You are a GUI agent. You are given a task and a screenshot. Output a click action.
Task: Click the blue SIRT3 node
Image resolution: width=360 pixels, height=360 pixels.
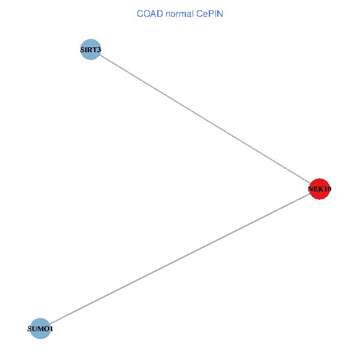point(90,49)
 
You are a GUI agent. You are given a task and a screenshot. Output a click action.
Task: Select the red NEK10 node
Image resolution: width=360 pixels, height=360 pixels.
point(319,189)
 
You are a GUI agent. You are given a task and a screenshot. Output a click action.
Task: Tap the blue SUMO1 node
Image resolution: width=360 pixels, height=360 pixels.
point(40,329)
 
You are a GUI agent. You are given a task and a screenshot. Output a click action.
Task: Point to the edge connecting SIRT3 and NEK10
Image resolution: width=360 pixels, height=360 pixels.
point(205,119)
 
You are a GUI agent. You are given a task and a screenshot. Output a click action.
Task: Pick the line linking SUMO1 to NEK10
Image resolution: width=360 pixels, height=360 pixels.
point(180,259)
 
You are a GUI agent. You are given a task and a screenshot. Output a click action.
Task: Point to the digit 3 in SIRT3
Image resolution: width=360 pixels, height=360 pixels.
point(98,50)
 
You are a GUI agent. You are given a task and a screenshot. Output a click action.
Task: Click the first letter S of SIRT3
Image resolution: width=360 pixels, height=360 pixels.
point(82,50)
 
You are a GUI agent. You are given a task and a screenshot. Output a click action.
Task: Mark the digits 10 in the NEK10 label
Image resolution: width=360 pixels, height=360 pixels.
point(327,190)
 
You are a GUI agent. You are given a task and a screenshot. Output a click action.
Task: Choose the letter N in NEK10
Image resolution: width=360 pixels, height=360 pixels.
point(311,190)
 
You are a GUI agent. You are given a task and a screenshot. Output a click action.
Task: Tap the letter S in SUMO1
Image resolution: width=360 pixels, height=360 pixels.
point(30,329)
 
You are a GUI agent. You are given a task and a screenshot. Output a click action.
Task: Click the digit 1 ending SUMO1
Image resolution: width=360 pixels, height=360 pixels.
point(51,329)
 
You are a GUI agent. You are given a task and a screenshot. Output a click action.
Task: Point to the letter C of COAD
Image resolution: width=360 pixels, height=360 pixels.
point(140,13)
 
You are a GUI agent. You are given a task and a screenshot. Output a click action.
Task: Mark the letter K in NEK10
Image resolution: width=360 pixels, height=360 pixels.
point(320,190)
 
